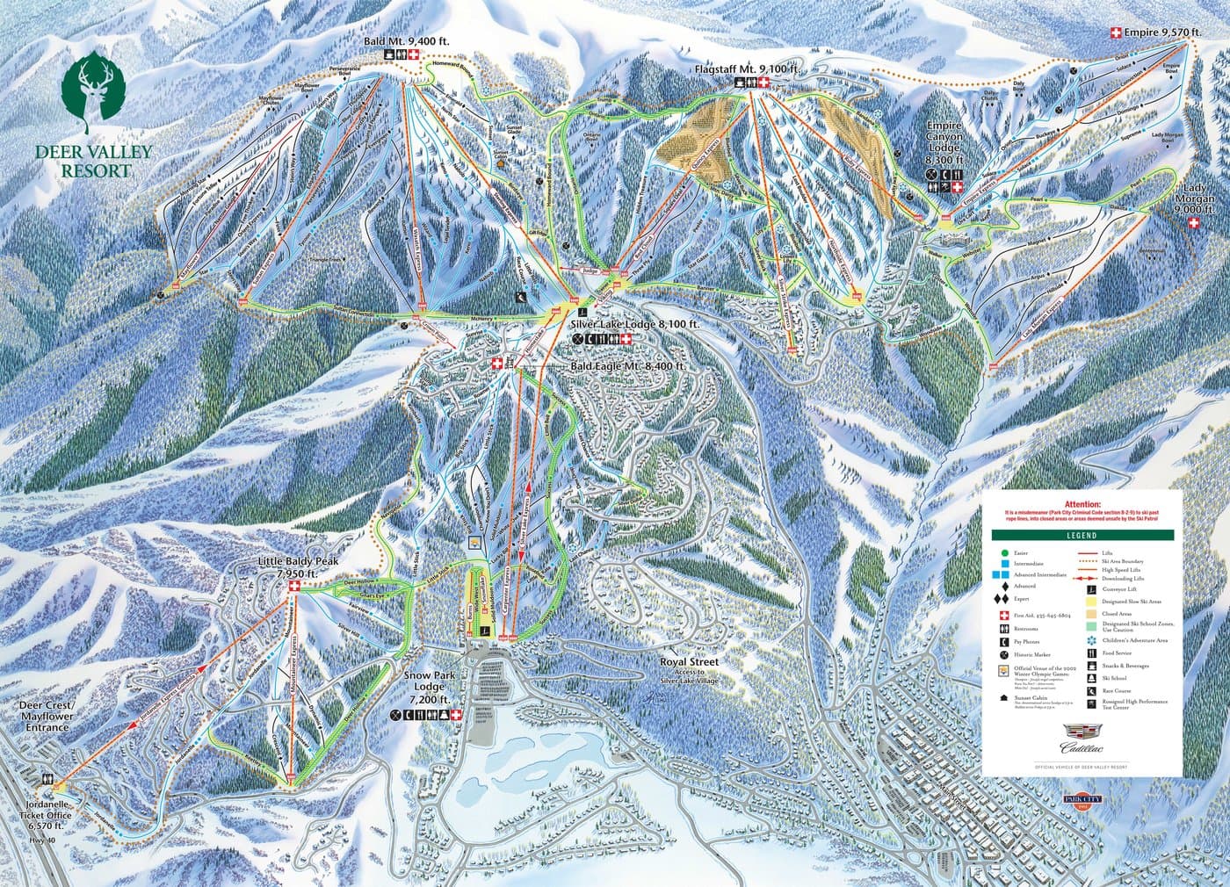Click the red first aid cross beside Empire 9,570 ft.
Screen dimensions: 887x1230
(1117, 32)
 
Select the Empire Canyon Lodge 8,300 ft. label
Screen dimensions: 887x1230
(944, 144)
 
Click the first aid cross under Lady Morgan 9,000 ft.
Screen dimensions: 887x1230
(1193, 224)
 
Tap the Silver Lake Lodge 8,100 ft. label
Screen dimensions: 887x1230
(639, 324)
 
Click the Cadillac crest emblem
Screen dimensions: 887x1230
(1082, 731)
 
